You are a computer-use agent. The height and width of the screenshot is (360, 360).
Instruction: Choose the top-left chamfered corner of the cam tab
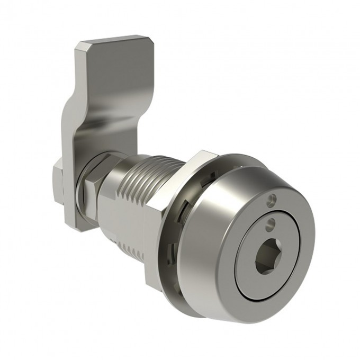coord(79,48)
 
